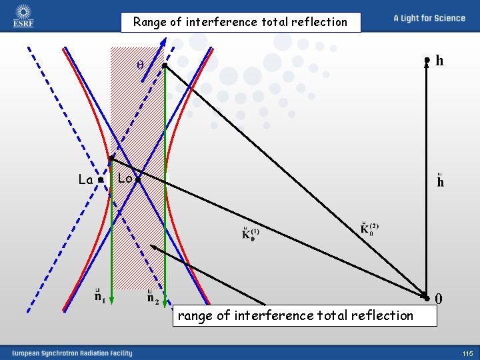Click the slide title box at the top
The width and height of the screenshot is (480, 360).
[240, 22]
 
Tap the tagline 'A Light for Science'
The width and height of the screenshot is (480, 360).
[429, 18]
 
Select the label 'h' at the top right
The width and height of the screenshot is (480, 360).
[439, 61]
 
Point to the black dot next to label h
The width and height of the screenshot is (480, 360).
[427, 61]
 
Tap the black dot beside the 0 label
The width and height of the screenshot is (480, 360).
[425, 295]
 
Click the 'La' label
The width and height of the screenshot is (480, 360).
[85, 179]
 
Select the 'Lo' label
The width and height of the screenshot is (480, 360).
[125, 178]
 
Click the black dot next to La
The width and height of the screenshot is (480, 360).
[99, 180]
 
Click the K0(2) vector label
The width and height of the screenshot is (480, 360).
[369, 228]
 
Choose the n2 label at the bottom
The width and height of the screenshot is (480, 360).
[153, 295]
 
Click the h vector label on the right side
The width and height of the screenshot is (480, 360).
[440, 181]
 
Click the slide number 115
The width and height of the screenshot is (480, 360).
[466, 353]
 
